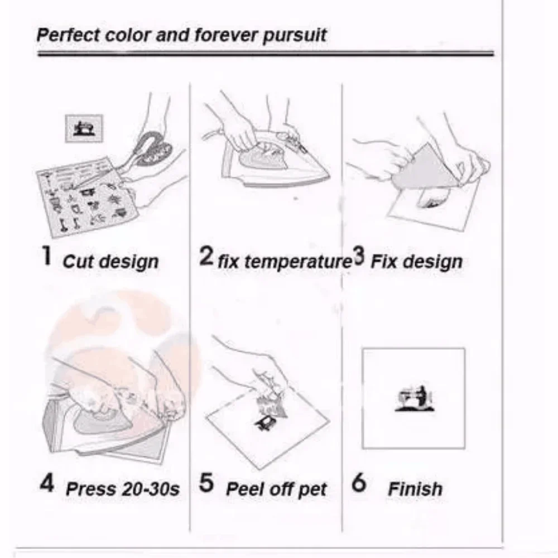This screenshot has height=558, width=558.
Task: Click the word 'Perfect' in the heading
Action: [x=68, y=35]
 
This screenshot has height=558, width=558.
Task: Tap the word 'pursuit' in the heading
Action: [x=294, y=36]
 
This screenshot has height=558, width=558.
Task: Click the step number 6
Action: [x=358, y=483]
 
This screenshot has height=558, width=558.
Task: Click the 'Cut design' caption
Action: [x=110, y=262]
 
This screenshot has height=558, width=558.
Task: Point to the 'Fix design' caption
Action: [x=416, y=262]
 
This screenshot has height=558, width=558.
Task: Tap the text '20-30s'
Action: [x=151, y=489]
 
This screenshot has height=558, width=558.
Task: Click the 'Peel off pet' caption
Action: [x=276, y=490]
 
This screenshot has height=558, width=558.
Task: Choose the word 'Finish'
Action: [x=415, y=489]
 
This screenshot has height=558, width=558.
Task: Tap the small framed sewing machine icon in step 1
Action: [x=84, y=128]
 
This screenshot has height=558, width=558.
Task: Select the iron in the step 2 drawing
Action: [x=275, y=158]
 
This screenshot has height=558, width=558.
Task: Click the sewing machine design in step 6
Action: [x=415, y=398]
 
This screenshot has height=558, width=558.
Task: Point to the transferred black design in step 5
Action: [x=266, y=424]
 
